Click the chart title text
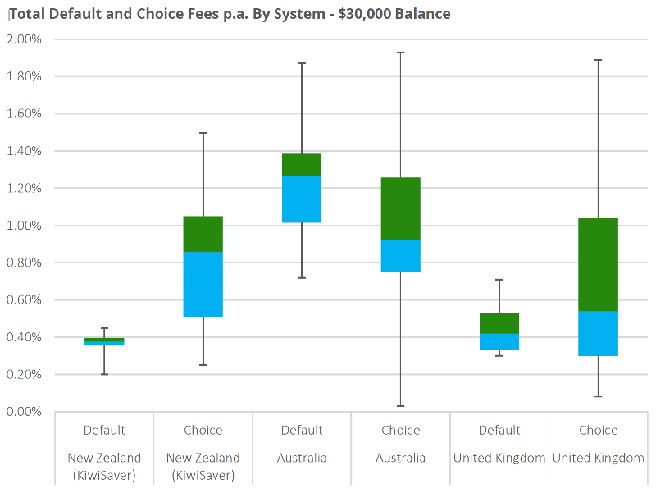(229, 14)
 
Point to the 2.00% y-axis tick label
(25, 39)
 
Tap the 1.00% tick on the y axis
(25, 226)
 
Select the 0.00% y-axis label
(25, 412)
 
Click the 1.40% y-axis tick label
(25, 151)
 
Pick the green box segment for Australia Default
(302, 165)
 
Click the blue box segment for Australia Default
(302, 199)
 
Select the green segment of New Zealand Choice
(203, 234)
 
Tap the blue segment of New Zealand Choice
(203, 284)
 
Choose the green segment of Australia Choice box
(401, 208)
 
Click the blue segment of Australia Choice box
(401, 255)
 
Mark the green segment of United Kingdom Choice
(599, 264)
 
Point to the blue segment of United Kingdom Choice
(599, 333)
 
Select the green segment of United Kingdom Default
(499, 322)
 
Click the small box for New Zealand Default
(104, 341)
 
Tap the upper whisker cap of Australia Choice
(401, 52)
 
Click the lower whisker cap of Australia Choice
(401, 406)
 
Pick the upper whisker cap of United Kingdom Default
(499, 280)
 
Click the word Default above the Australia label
(302, 431)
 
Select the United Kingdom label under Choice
(599, 458)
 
